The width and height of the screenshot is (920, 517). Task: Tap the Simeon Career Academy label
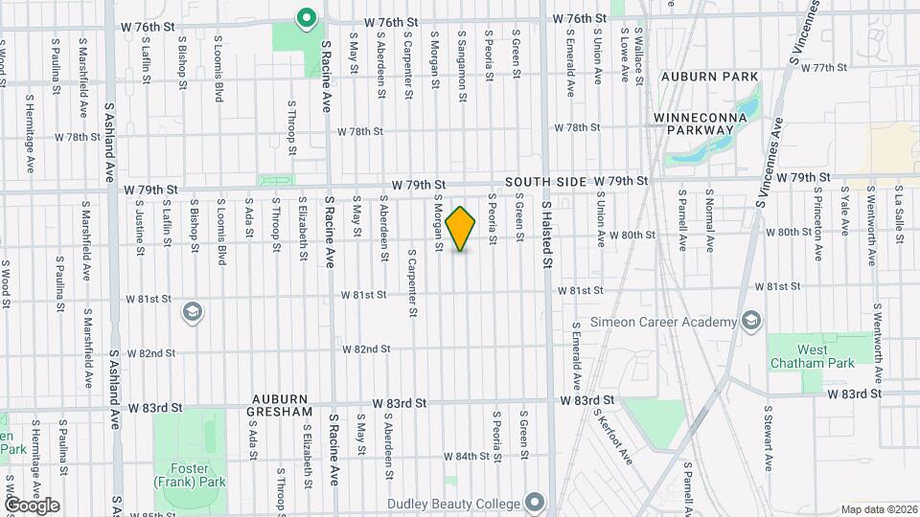click(x=663, y=321)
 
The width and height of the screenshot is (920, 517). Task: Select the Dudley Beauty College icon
click(x=534, y=503)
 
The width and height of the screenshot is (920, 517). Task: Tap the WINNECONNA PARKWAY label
click(x=706, y=124)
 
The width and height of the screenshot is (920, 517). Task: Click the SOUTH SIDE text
click(x=541, y=181)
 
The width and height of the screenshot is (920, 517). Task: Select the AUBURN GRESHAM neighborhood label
click(x=283, y=405)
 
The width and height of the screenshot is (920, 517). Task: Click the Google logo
click(x=32, y=506)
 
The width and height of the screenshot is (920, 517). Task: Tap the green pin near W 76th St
click(x=306, y=18)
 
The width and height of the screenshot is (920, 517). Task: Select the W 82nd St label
click(x=366, y=349)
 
